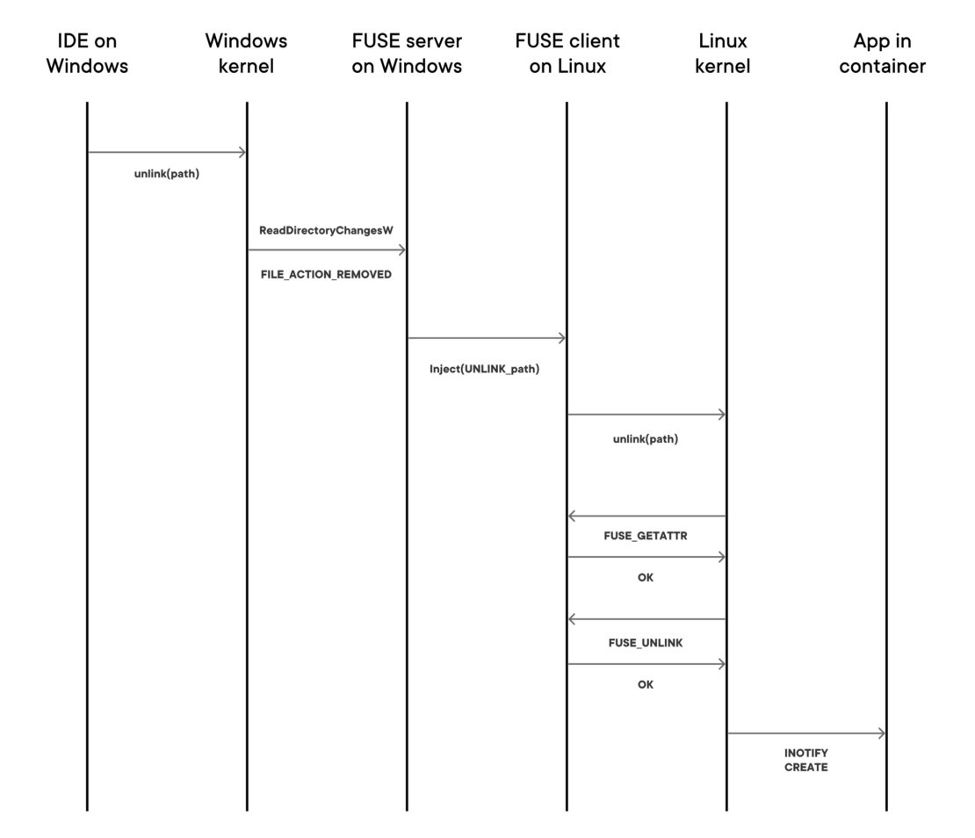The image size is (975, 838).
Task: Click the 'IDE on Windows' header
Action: click(x=87, y=54)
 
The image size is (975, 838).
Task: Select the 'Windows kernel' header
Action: click(x=246, y=54)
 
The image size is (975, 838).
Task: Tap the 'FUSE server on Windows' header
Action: click(x=407, y=54)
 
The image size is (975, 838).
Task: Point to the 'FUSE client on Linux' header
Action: click(x=567, y=54)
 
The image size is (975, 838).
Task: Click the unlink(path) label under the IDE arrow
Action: click(x=167, y=174)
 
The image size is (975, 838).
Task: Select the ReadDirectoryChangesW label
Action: click(x=326, y=230)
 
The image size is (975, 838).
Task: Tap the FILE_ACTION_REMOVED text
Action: click(x=326, y=275)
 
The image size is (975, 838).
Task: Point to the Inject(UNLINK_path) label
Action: click(x=484, y=369)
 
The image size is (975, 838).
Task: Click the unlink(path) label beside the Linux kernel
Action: click(x=646, y=438)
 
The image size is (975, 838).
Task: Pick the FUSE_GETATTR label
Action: click(x=646, y=535)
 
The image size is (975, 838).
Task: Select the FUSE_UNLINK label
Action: click(x=646, y=642)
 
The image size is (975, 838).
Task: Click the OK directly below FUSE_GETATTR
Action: click(x=646, y=578)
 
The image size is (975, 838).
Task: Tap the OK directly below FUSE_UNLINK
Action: click(x=646, y=684)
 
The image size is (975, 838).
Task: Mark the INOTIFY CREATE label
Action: click(x=806, y=760)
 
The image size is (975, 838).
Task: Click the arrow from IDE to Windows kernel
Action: click(x=167, y=152)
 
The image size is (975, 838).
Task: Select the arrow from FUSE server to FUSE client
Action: click(x=487, y=337)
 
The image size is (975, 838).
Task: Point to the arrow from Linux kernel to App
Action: click(x=806, y=733)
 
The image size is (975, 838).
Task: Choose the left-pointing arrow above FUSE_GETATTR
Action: click(x=646, y=516)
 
